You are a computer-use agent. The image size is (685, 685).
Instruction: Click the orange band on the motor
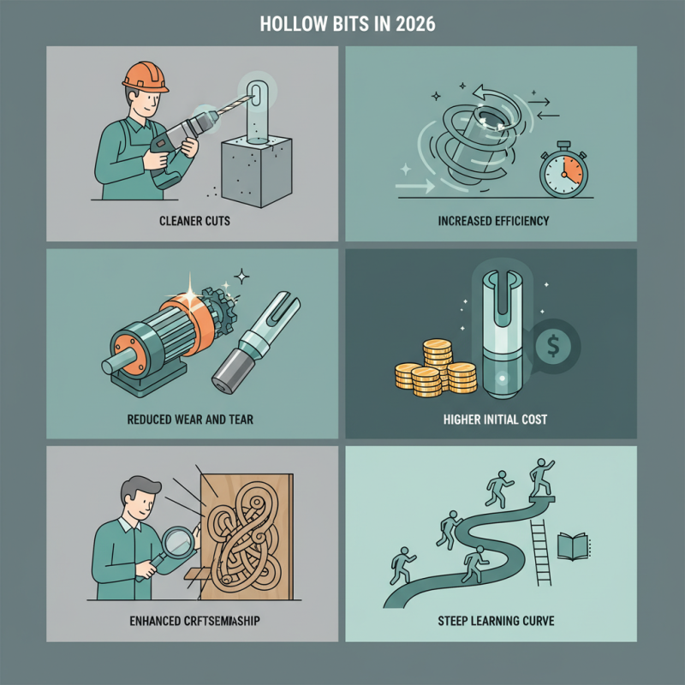pos(178,325)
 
